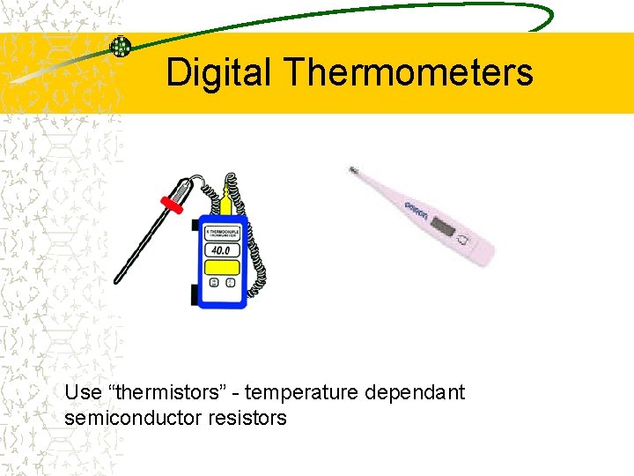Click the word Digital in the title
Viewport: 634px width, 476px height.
(x=219, y=72)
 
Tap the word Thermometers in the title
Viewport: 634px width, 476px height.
(x=409, y=72)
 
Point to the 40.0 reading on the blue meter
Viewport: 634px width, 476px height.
(x=222, y=250)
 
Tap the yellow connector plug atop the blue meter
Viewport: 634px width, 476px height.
(x=226, y=205)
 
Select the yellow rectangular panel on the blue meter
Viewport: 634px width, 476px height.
(x=222, y=267)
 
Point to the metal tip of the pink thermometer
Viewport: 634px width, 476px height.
(x=354, y=170)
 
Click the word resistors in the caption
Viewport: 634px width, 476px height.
(x=247, y=418)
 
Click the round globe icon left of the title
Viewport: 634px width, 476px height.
(x=121, y=47)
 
